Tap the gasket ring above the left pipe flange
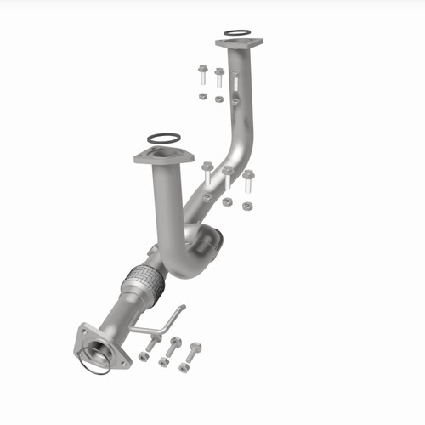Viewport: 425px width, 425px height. [162, 139]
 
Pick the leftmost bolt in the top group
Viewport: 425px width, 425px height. [202, 74]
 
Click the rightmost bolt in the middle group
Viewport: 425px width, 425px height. [248, 181]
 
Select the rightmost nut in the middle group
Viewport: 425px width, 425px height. [246, 206]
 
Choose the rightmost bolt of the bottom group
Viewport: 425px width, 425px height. [195, 350]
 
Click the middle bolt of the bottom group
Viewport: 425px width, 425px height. [173, 346]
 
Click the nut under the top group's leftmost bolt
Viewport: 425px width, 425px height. [202, 96]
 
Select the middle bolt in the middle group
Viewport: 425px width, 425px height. [228, 176]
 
